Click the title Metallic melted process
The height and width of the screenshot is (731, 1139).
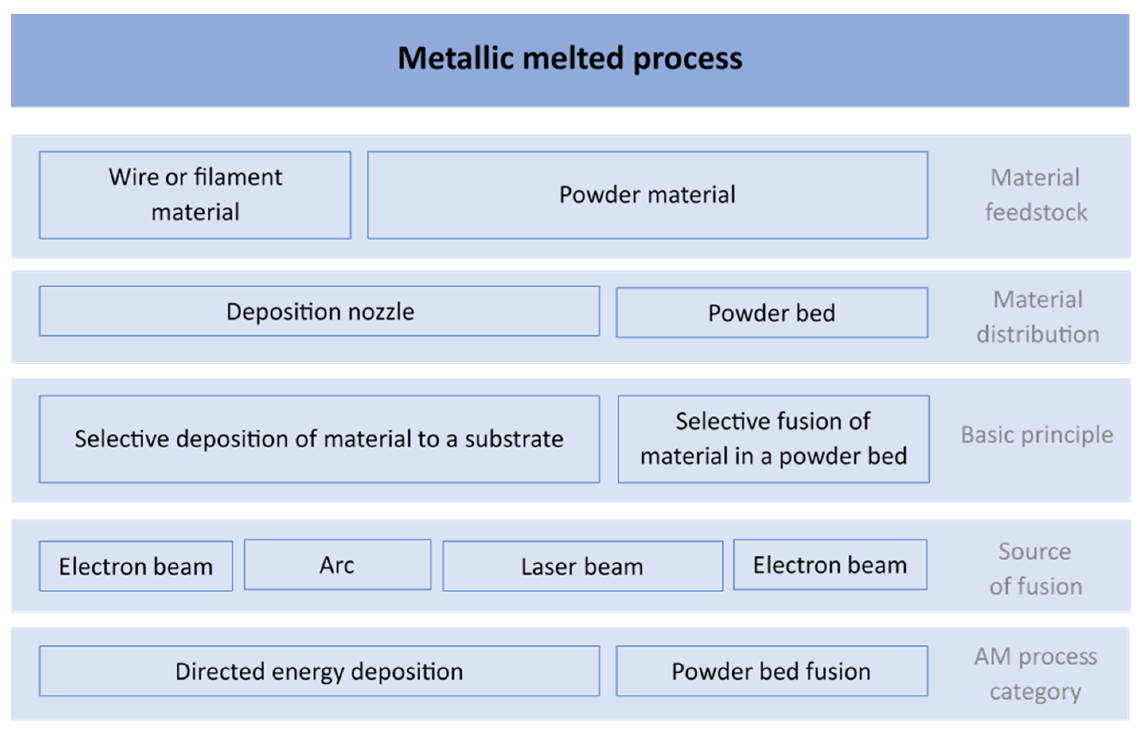click(569, 58)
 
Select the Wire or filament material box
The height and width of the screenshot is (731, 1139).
click(195, 195)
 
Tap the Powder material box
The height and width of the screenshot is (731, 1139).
click(648, 195)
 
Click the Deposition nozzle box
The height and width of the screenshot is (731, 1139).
click(320, 311)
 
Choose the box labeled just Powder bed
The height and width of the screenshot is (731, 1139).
click(772, 312)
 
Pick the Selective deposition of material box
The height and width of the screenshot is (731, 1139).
click(320, 439)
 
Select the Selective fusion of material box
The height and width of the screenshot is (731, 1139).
click(774, 439)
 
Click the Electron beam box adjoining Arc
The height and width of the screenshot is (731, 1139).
click(136, 566)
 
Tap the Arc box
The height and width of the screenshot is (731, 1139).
click(337, 564)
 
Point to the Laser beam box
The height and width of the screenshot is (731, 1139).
click(583, 566)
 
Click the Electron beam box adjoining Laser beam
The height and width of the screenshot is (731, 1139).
click(830, 564)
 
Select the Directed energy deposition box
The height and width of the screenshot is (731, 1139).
click(320, 671)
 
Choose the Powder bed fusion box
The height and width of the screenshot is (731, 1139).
click(772, 671)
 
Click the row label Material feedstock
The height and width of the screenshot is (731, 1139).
click(1036, 195)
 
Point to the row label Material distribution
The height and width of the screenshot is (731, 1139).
click(1038, 317)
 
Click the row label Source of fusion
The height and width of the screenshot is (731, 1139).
click(1036, 569)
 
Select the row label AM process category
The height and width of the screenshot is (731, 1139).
click(1036, 674)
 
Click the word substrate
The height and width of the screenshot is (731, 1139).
click(514, 439)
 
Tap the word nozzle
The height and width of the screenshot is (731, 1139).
click(381, 312)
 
